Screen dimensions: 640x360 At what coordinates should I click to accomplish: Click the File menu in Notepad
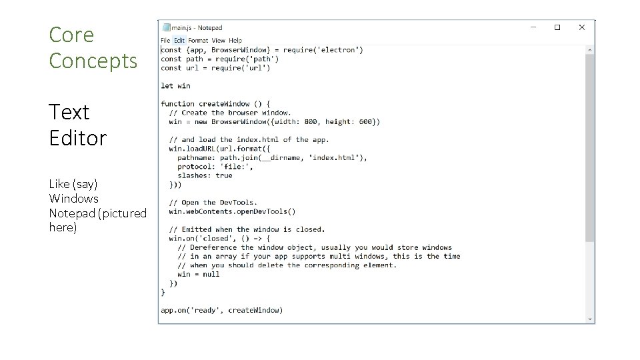click(x=165, y=41)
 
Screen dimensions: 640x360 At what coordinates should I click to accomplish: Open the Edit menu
click(x=179, y=41)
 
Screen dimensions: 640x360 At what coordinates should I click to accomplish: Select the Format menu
click(x=198, y=41)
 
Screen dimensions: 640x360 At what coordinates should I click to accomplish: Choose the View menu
click(x=219, y=41)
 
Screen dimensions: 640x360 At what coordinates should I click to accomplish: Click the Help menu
click(x=235, y=41)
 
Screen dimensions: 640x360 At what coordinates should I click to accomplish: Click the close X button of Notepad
click(x=581, y=28)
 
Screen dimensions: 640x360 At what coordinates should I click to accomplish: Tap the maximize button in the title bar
click(x=557, y=28)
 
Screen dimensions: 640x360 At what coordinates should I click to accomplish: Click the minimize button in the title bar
click(x=533, y=28)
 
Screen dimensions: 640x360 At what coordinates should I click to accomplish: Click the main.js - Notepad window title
click(x=197, y=28)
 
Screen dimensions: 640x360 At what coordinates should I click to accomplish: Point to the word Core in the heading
click(x=71, y=35)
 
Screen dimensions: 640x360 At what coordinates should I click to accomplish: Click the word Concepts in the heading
click(x=93, y=61)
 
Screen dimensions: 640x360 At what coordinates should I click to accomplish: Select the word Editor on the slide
click(x=77, y=138)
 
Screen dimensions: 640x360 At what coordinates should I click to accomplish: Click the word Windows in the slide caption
click(x=73, y=198)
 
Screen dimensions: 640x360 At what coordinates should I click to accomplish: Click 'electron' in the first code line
click(x=340, y=50)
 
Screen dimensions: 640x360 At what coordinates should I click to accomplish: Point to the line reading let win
click(x=175, y=85)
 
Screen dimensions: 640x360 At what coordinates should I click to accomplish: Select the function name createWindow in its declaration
click(x=223, y=104)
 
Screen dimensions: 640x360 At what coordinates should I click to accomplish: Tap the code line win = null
click(x=198, y=274)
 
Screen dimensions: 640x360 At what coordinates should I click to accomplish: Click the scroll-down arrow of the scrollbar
click(x=589, y=319)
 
